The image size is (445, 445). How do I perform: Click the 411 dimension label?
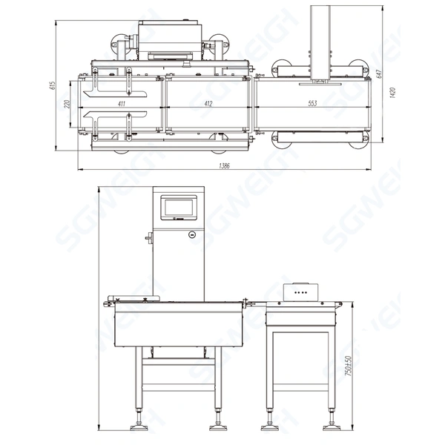(122, 103)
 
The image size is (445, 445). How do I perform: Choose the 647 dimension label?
(378, 73)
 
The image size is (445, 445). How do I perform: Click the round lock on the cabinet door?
(193, 234)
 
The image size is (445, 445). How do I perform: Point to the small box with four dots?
(302, 293)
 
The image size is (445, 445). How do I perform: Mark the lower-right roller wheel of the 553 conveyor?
(361, 140)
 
